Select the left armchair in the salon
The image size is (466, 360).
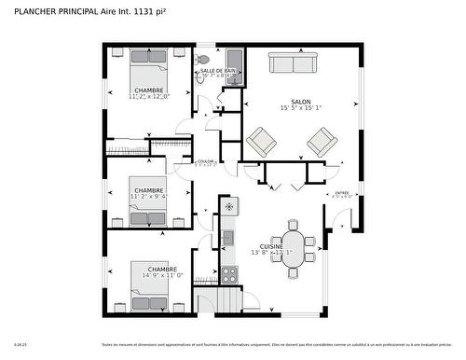pos(261,142)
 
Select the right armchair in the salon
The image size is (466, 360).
pos(322,142)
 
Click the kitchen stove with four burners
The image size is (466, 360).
pos(228,274)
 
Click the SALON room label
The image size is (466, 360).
pos(301,101)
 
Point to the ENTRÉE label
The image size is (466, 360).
pos(343,192)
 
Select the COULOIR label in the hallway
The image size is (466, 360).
pos(206,160)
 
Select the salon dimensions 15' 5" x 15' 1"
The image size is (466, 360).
pos(301,107)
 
